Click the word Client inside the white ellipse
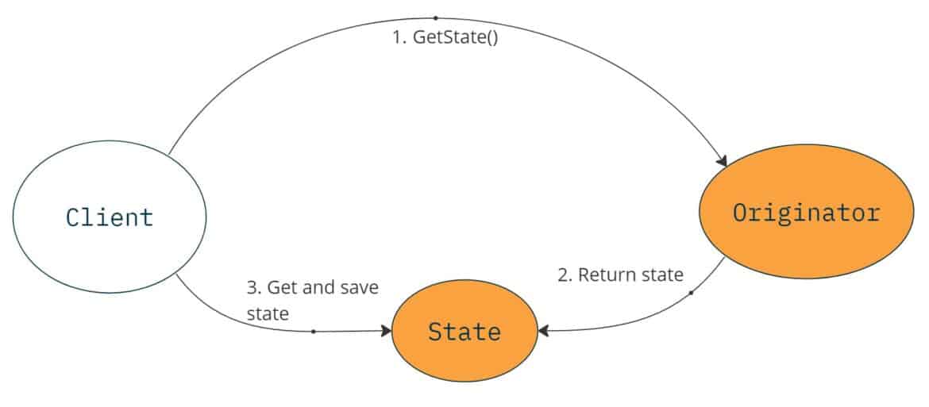tap(110, 217)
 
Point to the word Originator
tap(806, 213)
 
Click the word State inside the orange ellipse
tap(464, 331)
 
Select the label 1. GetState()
tap(445, 39)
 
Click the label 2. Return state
tap(620, 275)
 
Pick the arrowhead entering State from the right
tap(545, 328)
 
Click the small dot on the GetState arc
tap(435, 17)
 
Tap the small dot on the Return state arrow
tap(691, 293)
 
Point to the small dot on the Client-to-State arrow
tap(313, 331)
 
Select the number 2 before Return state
tap(563, 275)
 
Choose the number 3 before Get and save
tap(252, 287)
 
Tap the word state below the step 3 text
tap(267, 314)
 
